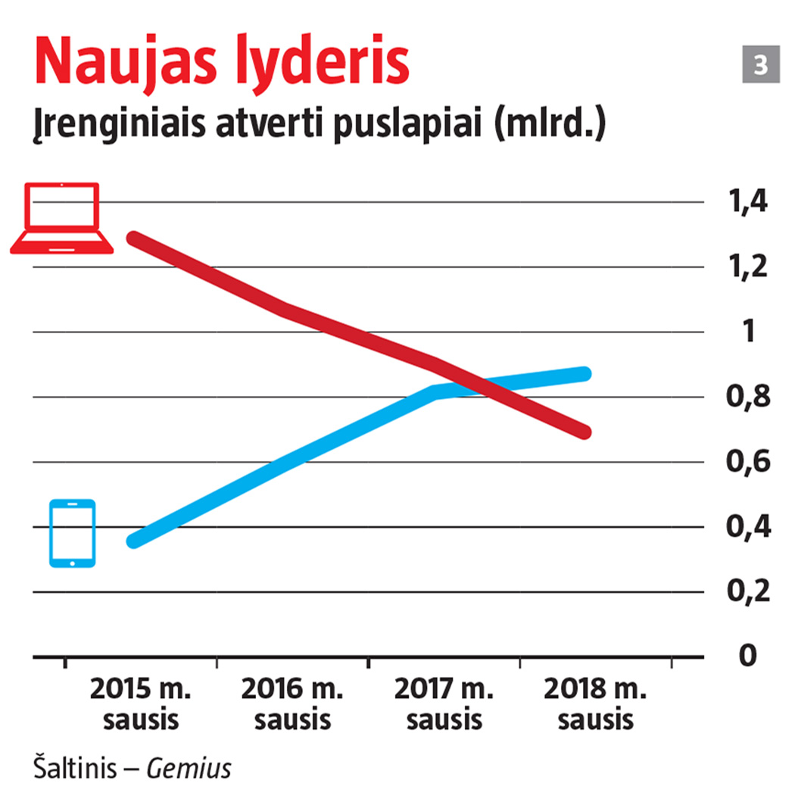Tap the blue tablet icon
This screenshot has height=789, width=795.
(72, 533)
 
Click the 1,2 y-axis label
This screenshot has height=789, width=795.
(747, 267)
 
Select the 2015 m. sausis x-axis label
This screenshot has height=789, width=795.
(142, 703)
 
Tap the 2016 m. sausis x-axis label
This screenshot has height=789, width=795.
(293, 703)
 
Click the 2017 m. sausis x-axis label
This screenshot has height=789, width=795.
(444, 703)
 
